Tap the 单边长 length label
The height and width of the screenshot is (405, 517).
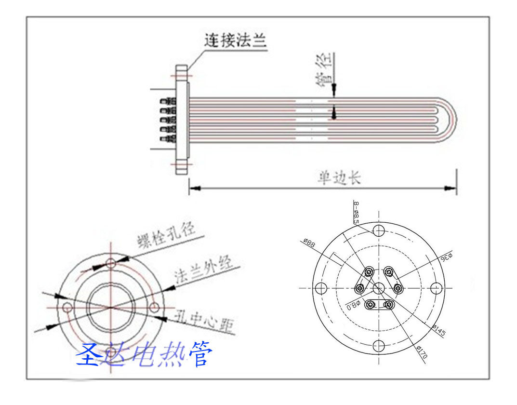click(339, 178)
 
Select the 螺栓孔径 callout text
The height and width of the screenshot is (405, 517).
click(166, 234)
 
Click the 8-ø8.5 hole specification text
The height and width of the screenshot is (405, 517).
click(356, 212)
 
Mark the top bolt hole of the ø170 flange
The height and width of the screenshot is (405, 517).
click(379, 230)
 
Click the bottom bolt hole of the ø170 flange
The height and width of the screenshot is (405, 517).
click(379, 345)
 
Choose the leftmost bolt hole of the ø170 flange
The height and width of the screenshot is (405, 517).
click(321, 288)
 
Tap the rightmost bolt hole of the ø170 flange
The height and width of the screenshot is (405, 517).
click(436, 288)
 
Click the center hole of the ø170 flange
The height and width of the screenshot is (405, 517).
click(379, 288)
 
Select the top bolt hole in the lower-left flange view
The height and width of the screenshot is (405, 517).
click(111, 263)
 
